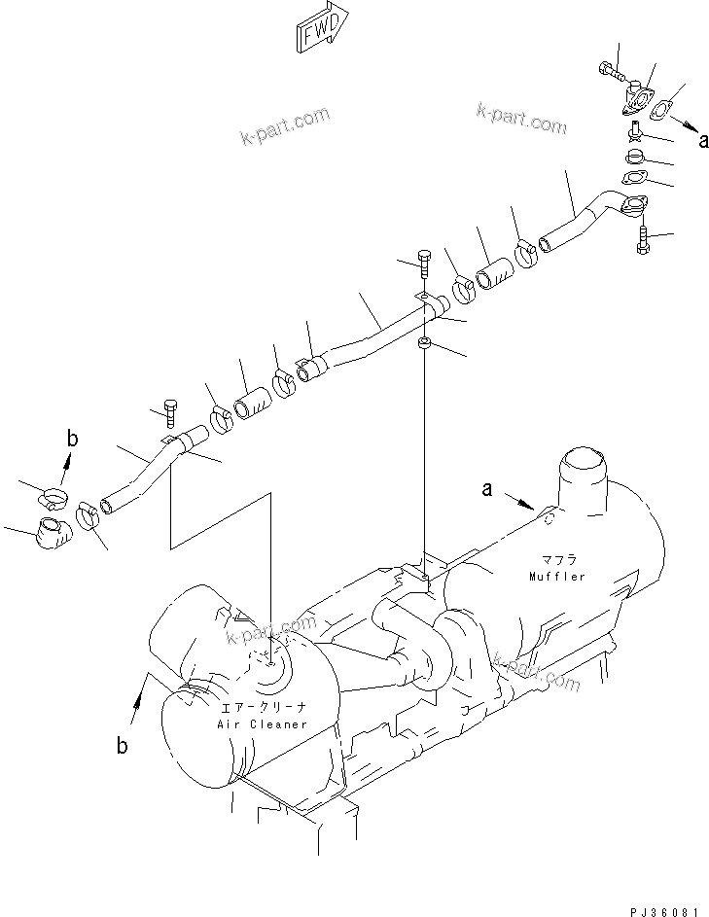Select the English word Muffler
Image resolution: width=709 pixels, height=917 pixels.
pyautogui.click(x=557, y=577)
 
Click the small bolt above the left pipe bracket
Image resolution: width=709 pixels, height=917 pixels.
pyautogui.click(x=170, y=413)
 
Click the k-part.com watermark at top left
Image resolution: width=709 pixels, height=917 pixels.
pyautogui.click(x=285, y=128)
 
